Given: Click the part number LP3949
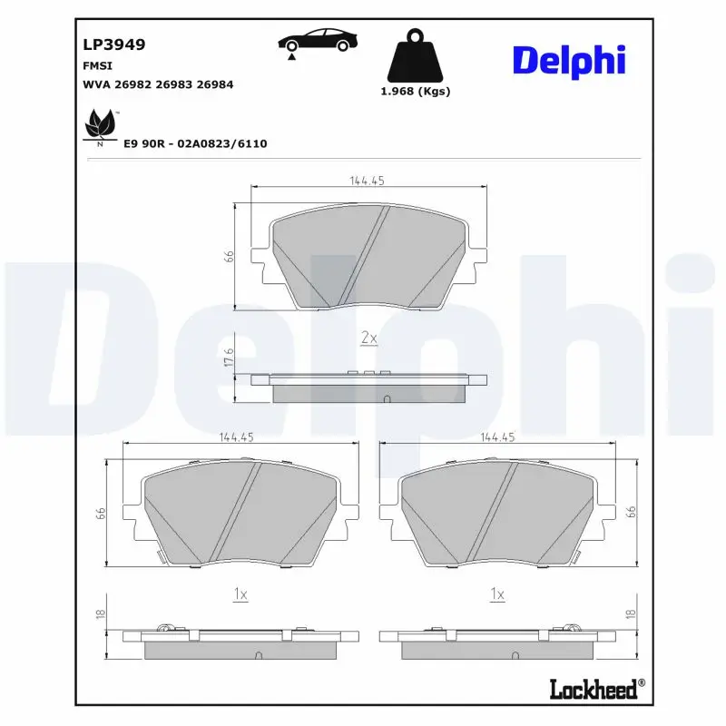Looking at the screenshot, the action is pyautogui.click(x=114, y=44).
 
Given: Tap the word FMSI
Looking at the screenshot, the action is pyautogui.click(x=97, y=66).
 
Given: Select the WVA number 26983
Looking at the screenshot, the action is pyautogui.click(x=174, y=84).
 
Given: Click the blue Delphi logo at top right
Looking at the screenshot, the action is pyautogui.click(x=570, y=61).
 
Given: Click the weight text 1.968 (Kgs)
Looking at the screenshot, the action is pyautogui.click(x=416, y=92).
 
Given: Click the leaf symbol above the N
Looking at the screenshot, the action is pyautogui.click(x=101, y=124).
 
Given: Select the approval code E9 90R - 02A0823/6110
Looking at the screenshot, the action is pyautogui.click(x=195, y=143).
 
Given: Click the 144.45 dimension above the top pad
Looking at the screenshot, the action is pyautogui.click(x=368, y=181).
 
